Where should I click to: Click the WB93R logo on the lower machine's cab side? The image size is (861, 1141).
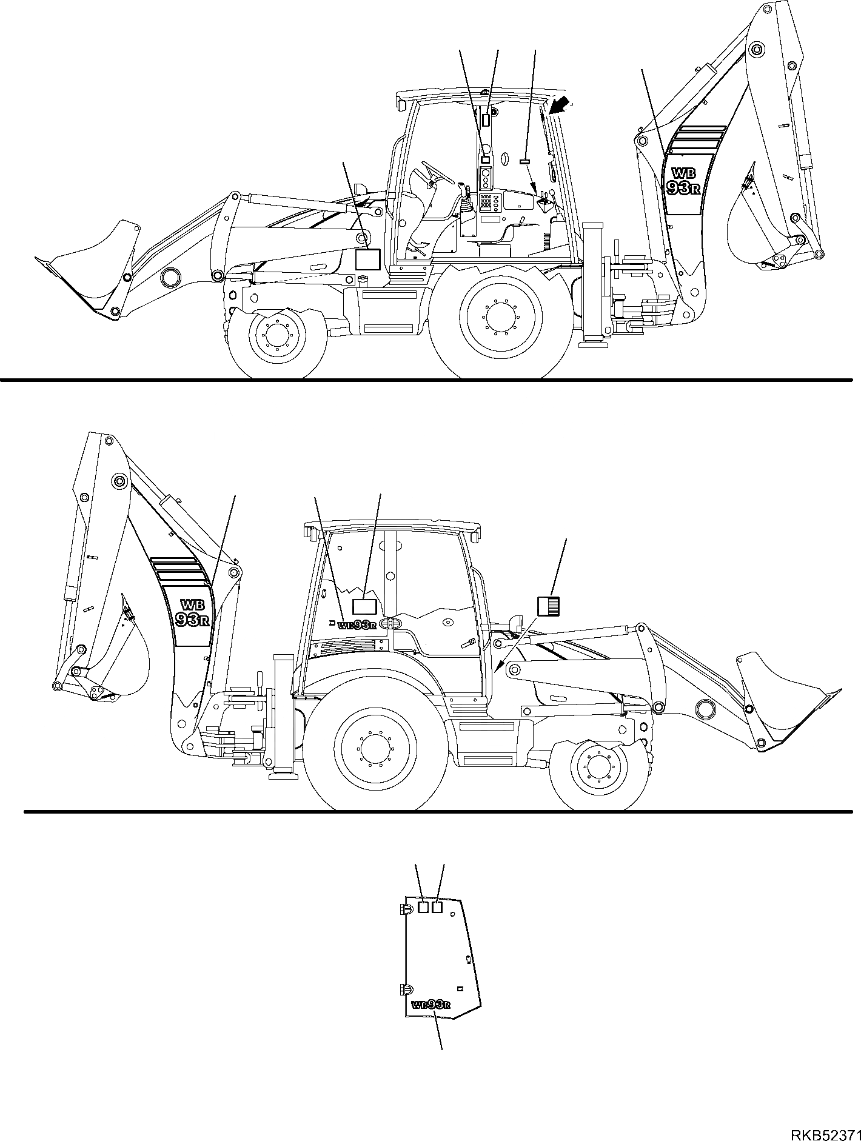[x=358, y=625]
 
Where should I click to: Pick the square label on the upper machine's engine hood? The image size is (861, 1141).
[x=367, y=259]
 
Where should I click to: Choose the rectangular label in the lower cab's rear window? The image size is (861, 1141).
[x=364, y=606]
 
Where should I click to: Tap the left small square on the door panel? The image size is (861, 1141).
[x=424, y=923]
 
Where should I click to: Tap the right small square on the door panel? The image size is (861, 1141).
[x=438, y=923]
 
